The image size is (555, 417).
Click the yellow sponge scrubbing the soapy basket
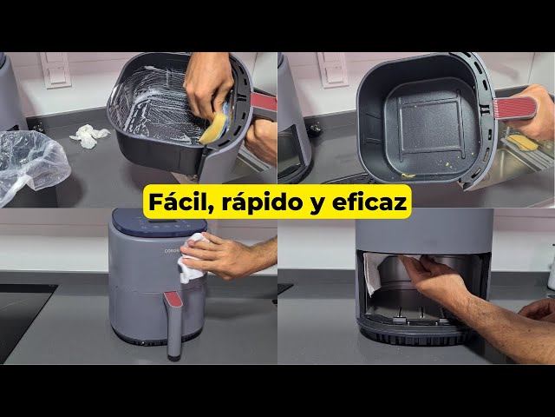point(214,128)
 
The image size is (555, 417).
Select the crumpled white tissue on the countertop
point(88,136)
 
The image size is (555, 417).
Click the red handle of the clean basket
point(514,108)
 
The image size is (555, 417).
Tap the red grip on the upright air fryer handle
point(173,299)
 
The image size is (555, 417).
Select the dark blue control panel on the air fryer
point(160,223)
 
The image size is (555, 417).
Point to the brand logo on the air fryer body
point(172,251)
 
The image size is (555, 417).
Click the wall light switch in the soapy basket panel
point(55,69)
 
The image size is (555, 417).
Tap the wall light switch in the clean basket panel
point(333,69)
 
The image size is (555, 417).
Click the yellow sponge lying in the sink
point(522,142)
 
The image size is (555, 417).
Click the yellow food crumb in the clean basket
point(408,175)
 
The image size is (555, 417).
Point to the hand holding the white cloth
point(219,255)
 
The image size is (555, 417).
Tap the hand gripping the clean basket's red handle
point(531,114)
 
